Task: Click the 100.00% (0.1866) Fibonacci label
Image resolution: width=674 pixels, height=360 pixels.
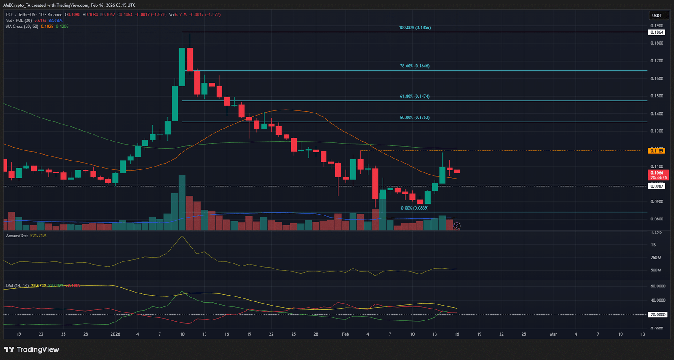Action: (x=415, y=27)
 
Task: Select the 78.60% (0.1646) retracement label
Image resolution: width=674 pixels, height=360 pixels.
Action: (x=415, y=66)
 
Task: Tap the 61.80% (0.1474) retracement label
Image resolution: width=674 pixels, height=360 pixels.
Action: (x=415, y=97)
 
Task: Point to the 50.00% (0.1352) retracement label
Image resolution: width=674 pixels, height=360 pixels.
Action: (x=415, y=118)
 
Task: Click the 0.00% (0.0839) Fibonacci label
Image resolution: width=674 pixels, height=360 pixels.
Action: (x=415, y=208)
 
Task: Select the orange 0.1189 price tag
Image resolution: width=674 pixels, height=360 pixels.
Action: (x=656, y=150)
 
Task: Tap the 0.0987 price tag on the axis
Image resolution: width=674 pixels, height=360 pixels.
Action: (x=656, y=186)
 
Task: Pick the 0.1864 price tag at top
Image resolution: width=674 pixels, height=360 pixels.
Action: (x=656, y=32)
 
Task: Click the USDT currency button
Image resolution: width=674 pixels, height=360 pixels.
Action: (x=657, y=16)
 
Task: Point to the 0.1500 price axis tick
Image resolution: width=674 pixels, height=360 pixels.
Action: (x=656, y=96)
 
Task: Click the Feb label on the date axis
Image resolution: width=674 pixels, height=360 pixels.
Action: (x=345, y=334)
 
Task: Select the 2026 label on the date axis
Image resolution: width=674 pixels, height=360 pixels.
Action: (x=115, y=334)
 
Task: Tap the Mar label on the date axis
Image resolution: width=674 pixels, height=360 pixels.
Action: (x=553, y=334)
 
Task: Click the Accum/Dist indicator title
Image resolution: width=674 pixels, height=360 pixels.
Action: (x=17, y=236)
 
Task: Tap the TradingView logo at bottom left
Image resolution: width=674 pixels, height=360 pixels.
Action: (x=32, y=349)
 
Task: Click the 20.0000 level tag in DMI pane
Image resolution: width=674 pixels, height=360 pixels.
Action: (x=658, y=314)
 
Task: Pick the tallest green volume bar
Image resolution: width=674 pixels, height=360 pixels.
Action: (x=182, y=202)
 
